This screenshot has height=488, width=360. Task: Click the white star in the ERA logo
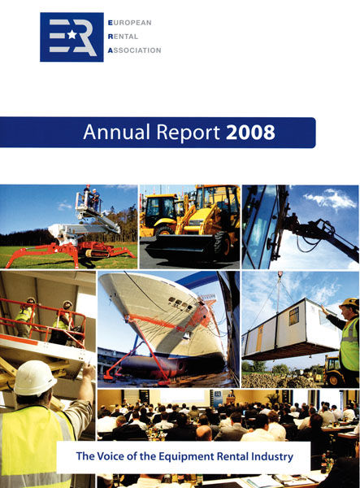pos(72,34)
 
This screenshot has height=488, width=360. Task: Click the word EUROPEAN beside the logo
pos(130,23)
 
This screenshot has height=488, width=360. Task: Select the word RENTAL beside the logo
pos(123,37)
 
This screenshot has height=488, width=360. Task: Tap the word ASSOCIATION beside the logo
pos(134,50)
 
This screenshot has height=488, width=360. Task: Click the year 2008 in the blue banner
pos(250,133)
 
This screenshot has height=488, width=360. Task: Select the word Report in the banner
pos(189,133)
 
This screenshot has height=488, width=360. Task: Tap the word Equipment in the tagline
pos(186,457)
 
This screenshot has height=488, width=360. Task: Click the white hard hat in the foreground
pos(35,378)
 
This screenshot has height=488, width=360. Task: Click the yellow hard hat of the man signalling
pos(350,303)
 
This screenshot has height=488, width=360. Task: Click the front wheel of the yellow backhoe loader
pos(223,246)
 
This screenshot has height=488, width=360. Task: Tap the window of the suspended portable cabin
pos(294,316)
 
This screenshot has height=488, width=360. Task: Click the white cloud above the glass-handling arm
pos(330,198)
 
